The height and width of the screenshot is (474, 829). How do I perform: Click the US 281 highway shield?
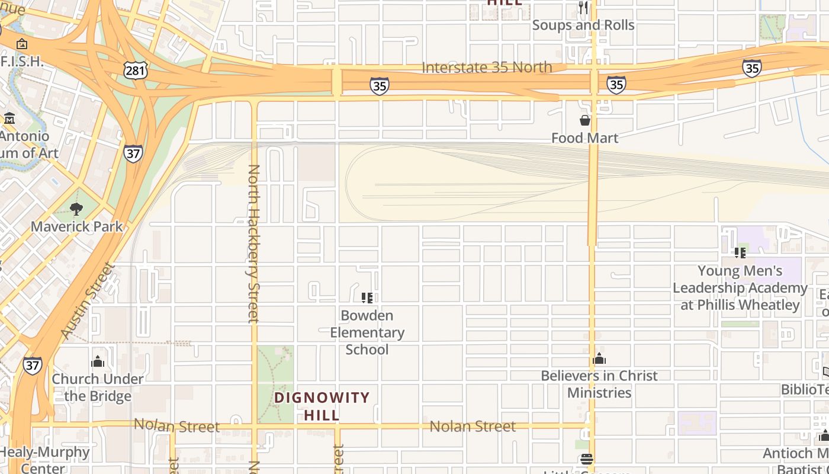[136, 71]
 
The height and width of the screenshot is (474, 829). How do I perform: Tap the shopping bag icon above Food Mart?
[585, 120]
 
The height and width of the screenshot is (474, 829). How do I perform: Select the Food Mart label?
[584, 138]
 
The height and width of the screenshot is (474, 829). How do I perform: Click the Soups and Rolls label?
[583, 25]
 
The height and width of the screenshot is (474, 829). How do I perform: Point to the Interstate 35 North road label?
[487, 68]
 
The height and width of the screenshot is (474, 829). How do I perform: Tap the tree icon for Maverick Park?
[76, 209]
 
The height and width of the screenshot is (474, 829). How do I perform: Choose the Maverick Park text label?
[77, 226]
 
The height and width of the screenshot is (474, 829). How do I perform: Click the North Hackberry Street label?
[253, 243]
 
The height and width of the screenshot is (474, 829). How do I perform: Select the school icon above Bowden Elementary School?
[367, 297]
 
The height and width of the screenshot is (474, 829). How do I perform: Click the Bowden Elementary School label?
[367, 332]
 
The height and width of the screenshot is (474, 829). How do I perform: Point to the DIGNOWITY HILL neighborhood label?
[322, 406]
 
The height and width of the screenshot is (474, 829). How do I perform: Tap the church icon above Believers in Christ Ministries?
[599, 358]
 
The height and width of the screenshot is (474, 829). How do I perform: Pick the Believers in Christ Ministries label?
[599, 384]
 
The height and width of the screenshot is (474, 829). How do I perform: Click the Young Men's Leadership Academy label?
[740, 288]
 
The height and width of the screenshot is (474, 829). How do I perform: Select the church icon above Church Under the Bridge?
[98, 361]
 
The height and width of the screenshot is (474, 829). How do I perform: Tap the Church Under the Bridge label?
[98, 387]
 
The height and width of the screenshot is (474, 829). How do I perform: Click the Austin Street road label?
[86, 301]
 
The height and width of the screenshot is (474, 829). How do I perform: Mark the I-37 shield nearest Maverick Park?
[133, 153]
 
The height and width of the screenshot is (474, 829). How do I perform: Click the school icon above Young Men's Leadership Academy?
[740, 253]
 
